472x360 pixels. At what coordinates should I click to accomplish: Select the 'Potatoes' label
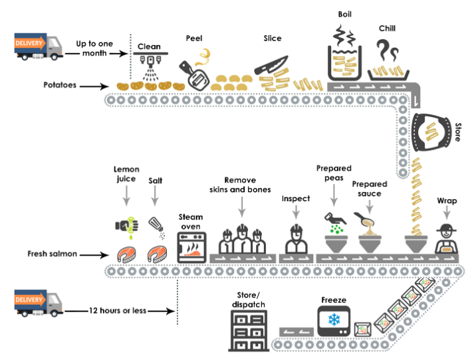click(61, 86)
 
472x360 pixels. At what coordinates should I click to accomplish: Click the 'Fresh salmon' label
click(55, 254)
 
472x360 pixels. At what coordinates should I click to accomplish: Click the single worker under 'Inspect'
click(295, 238)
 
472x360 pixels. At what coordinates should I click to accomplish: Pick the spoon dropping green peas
click(334, 219)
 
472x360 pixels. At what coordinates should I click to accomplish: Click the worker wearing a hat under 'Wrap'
click(445, 239)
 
